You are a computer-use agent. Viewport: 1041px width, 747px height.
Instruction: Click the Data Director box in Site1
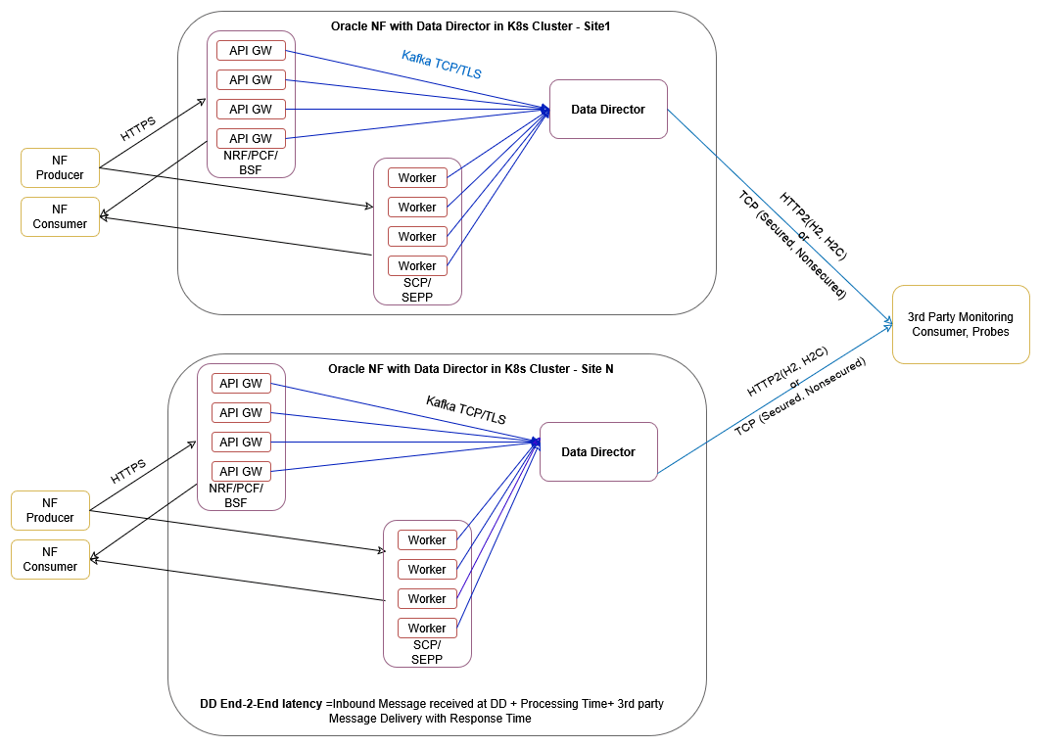click(x=608, y=110)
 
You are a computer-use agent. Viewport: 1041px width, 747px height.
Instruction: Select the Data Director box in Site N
click(x=598, y=452)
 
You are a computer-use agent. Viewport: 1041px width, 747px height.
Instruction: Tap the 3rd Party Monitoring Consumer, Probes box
click(x=960, y=324)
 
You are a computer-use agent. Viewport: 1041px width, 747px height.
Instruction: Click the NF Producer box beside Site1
click(x=60, y=168)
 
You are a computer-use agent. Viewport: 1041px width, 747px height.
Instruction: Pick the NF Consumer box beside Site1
click(x=60, y=217)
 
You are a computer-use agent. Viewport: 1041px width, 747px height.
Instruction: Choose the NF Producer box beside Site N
click(x=50, y=511)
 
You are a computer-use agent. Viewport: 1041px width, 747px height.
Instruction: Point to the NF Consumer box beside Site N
click(x=50, y=560)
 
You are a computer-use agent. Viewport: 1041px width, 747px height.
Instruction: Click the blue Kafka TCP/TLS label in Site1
click(x=441, y=65)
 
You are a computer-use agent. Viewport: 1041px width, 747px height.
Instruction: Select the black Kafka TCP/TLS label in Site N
click(x=465, y=409)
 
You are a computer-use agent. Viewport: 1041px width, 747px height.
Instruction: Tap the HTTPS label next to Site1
click(x=138, y=129)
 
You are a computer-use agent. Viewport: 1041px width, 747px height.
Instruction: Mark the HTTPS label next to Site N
click(x=128, y=472)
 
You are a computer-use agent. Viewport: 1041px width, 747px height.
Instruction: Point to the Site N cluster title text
click(x=470, y=368)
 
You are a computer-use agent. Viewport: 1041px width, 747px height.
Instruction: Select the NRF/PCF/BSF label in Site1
click(x=251, y=163)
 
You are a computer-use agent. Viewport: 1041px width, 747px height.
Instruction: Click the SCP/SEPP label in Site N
click(x=427, y=652)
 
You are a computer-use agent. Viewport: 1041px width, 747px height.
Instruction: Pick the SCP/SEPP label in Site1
click(x=417, y=290)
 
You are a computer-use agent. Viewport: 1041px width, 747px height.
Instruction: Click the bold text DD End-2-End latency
click(x=261, y=703)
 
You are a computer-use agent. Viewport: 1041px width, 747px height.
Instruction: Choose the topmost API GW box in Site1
click(x=251, y=51)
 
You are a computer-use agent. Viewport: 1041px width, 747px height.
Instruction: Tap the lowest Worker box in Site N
click(x=427, y=629)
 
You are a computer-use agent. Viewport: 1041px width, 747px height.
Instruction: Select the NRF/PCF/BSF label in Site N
click(x=241, y=495)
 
